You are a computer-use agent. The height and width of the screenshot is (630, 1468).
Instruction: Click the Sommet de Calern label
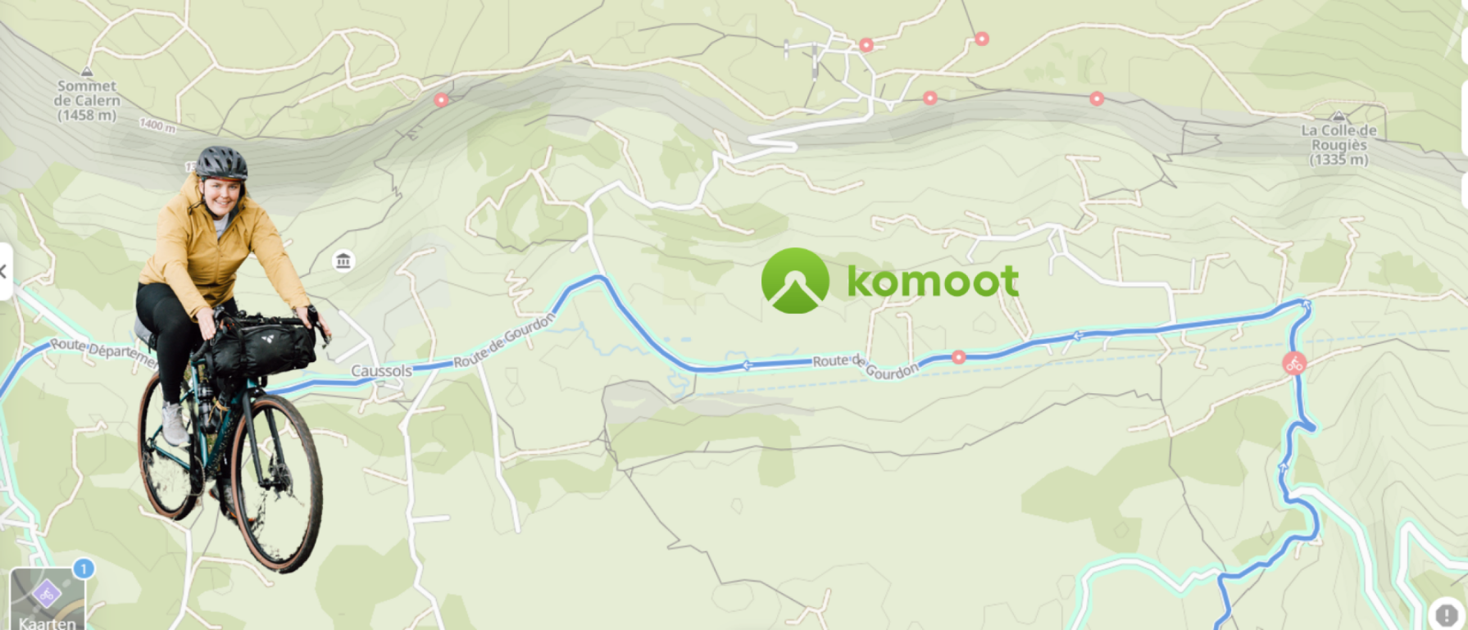pos(87,100)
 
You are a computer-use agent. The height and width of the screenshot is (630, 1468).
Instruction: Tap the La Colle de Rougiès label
pos(1338,144)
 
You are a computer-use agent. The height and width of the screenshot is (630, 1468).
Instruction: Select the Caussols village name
pos(381,371)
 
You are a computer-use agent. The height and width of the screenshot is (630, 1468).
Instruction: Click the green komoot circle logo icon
pos(794,280)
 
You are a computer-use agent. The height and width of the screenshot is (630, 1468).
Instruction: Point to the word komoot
pos(933,281)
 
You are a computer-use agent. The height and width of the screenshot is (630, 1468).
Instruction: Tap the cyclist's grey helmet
pos(220,162)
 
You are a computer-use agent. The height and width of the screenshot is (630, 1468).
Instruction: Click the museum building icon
pos(343,261)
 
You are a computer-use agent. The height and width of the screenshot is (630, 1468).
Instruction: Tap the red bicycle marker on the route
pos(1294,363)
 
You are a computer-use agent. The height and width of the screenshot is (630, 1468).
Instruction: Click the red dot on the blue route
pos(958,357)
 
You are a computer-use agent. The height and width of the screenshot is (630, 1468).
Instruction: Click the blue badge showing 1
pos(83,568)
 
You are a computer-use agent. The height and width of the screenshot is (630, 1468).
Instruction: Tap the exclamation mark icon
pos(1446,614)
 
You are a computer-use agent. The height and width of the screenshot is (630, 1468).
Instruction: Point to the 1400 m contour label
pos(157,125)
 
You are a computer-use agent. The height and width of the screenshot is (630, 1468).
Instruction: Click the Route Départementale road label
pos(102,352)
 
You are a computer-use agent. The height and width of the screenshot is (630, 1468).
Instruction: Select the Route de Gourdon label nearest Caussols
pos(503,342)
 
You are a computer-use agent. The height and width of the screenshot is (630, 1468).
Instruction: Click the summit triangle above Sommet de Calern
pos(87,72)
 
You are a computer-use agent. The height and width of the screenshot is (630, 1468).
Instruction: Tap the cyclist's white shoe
pos(174,424)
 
